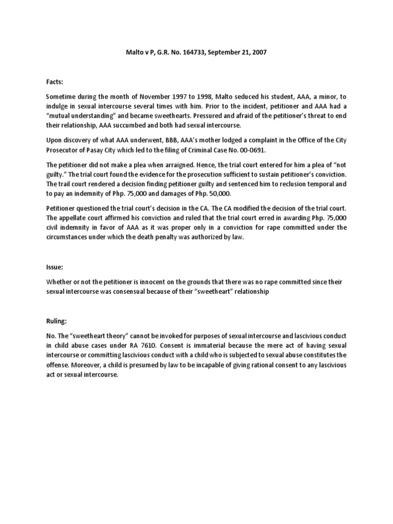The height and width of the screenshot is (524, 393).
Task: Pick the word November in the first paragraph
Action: click(161, 97)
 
